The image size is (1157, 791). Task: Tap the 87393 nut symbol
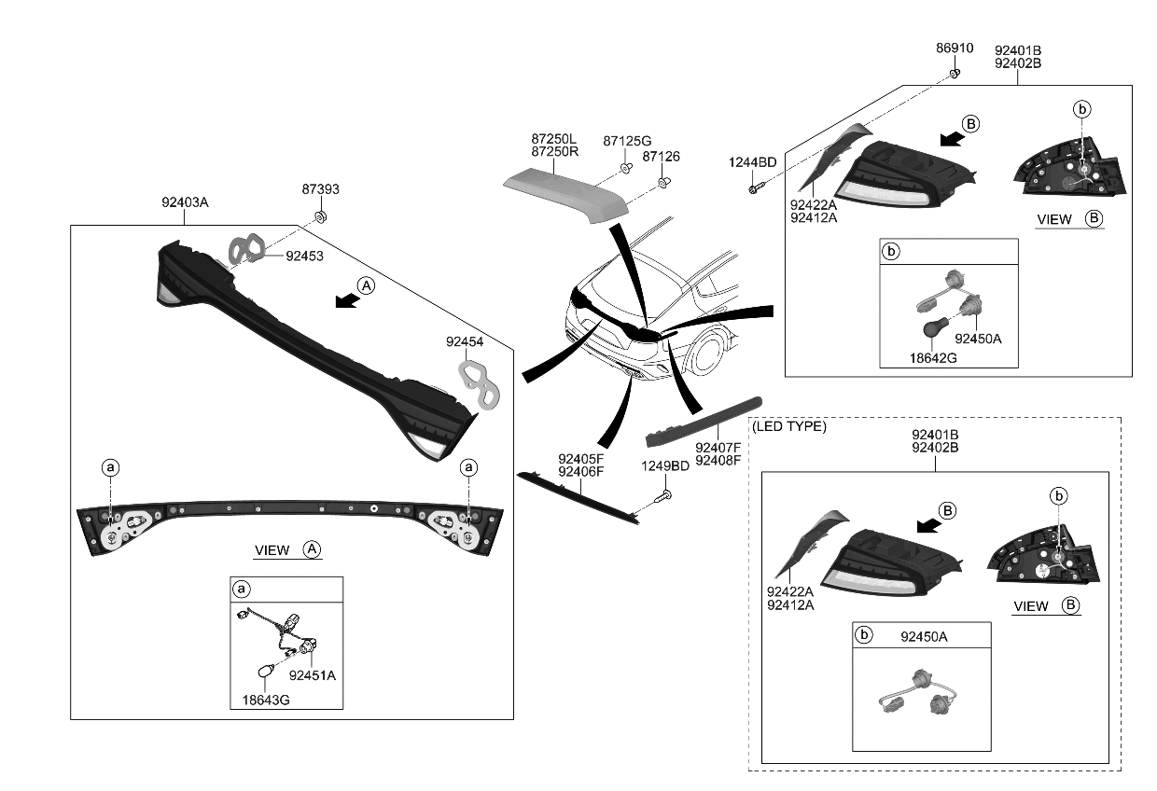coord(320,217)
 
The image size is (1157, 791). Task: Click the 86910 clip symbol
coord(955,72)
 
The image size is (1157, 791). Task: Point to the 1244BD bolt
coord(754,189)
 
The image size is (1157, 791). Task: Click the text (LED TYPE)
coord(788,426)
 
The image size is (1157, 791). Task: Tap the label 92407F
coord(718,447)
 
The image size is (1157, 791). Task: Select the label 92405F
coord(581,458)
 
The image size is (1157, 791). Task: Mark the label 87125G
coord(627,140)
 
